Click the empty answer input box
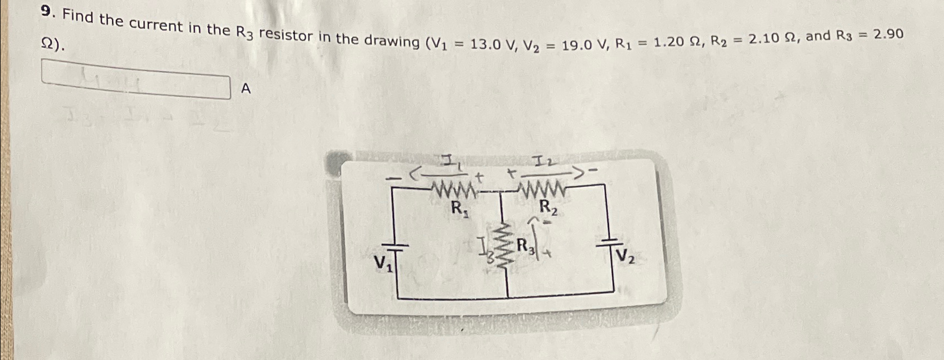pyautogui.click(x=136, y=83)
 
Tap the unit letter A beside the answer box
pyautogui.click(x=246, y=89)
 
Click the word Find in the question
pyautogui.click(x=78, y=17)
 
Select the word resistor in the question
pyautogui.click(x=286, y=35)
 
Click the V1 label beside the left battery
pyautogui.click(x=383, y=263)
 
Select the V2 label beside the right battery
pyautogui.click(x=626, y=257)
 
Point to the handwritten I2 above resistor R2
pyautogui.click(x=541, y=163)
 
